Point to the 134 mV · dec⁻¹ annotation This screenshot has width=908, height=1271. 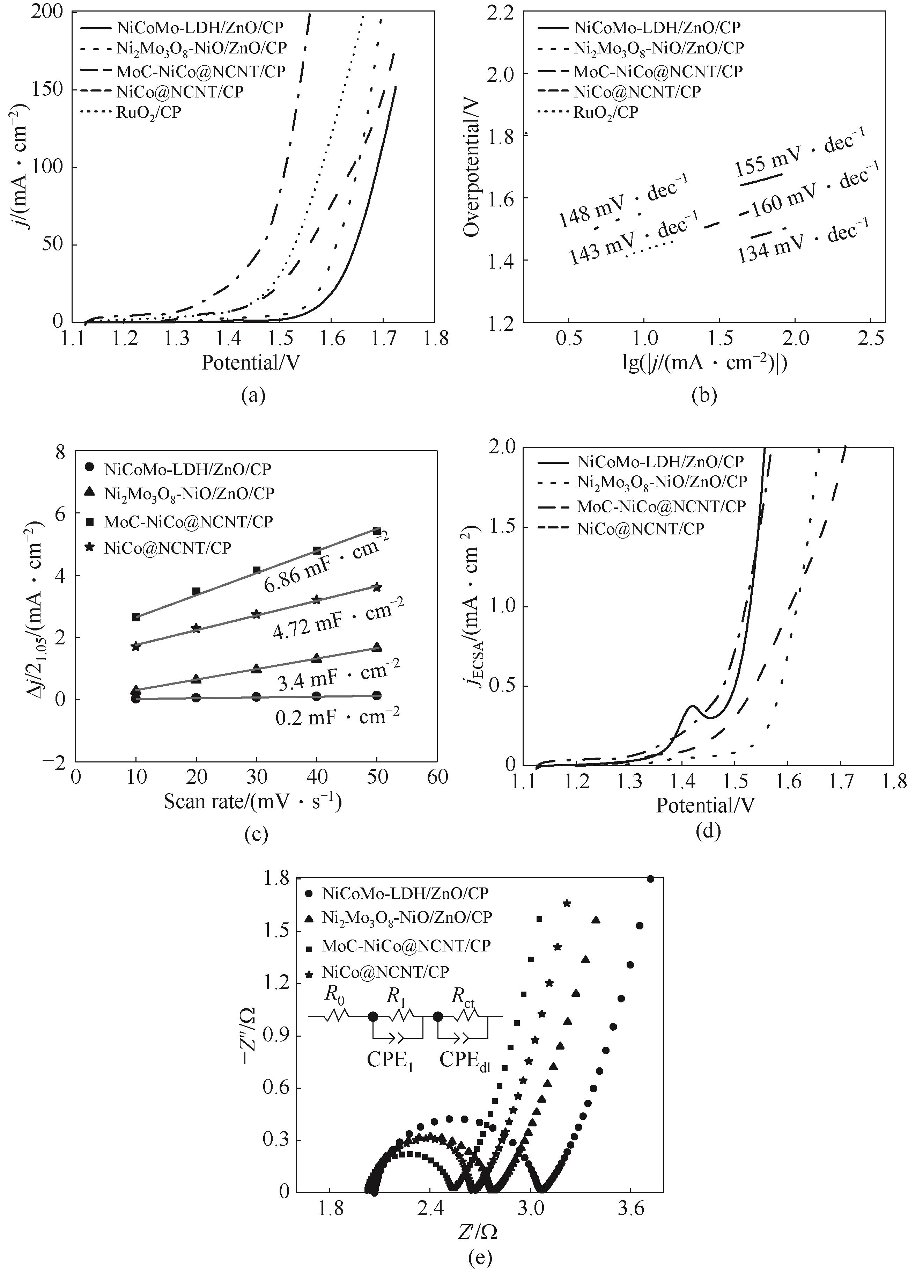[804, 241]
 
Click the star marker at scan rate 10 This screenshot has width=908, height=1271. [136, 646]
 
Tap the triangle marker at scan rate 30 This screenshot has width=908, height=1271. [257, 669]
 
